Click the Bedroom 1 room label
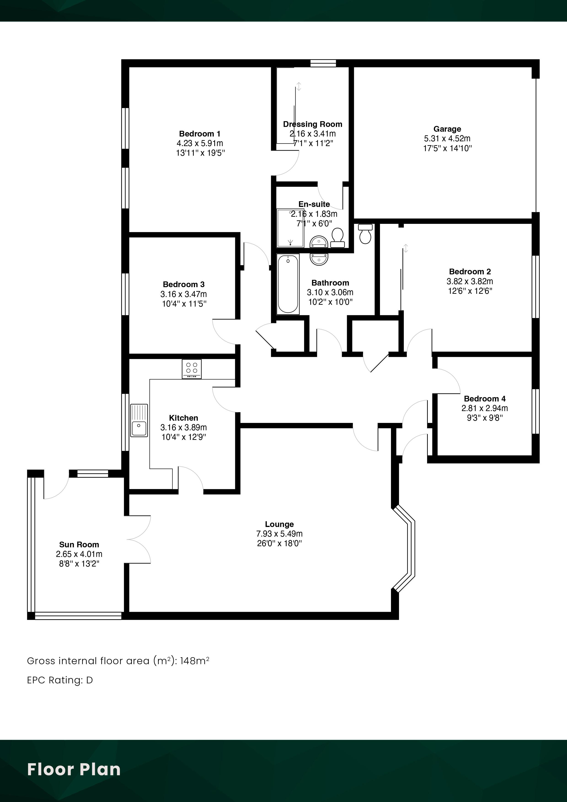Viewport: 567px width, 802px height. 200,134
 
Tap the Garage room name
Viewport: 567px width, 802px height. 447,129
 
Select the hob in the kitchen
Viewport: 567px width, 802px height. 191,369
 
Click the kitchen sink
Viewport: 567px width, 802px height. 139,421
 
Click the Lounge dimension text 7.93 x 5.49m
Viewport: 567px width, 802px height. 279,534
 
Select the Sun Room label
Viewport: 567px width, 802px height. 79,545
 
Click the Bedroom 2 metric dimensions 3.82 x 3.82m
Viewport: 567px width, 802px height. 470,281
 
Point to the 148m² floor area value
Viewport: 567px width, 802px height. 195,660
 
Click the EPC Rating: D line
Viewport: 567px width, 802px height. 60,680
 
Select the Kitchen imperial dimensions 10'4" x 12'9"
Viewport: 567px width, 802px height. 184,437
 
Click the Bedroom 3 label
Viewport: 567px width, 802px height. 184,285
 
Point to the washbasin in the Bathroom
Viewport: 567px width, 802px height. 319,259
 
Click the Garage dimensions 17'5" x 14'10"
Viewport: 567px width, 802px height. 447,148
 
